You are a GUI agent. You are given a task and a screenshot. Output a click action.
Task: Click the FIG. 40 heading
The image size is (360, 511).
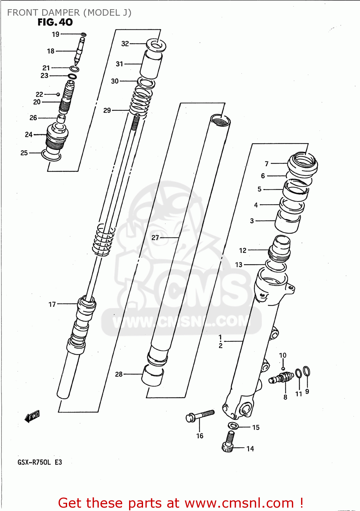[55, 22]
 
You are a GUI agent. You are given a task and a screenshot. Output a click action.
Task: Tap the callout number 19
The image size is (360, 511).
[56, 34]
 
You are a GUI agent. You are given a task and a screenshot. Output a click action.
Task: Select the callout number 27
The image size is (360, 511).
[155, 238]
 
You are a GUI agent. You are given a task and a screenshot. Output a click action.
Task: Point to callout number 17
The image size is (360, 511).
[52, 304]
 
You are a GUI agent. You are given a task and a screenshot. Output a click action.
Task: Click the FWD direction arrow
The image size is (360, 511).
[32, 416]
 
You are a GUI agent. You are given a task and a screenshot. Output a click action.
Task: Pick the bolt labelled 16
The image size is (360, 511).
[201, 415]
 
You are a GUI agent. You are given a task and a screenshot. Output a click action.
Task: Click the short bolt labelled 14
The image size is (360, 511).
[228, 442]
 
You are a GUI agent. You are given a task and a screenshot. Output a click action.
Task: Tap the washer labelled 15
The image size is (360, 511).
[233, 425]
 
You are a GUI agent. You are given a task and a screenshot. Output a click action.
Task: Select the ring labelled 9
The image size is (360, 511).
[307, 371]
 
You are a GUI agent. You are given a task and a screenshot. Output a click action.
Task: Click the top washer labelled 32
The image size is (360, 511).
[156, 45]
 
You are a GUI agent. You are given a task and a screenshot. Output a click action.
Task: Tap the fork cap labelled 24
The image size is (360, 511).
[57, 136]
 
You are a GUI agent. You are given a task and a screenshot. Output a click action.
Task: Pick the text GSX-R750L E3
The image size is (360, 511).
[40, 462]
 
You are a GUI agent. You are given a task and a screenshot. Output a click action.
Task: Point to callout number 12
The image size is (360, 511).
[242, 250]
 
